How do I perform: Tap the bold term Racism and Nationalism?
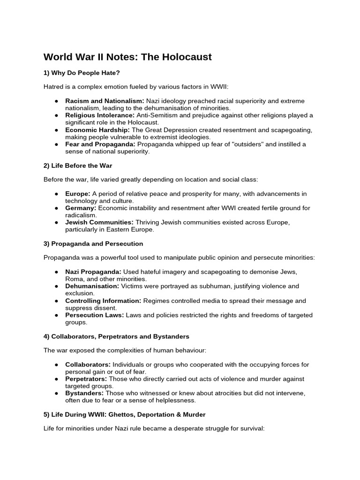105,101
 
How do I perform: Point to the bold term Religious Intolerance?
100,115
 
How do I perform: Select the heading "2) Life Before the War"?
78,165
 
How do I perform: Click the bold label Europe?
78,194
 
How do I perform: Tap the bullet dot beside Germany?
56,208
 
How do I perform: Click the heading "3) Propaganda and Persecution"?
93,244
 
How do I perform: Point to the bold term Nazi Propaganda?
93,272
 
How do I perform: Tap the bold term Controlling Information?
103,301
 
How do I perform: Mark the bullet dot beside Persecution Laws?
56,315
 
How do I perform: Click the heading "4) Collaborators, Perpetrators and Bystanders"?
116,337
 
